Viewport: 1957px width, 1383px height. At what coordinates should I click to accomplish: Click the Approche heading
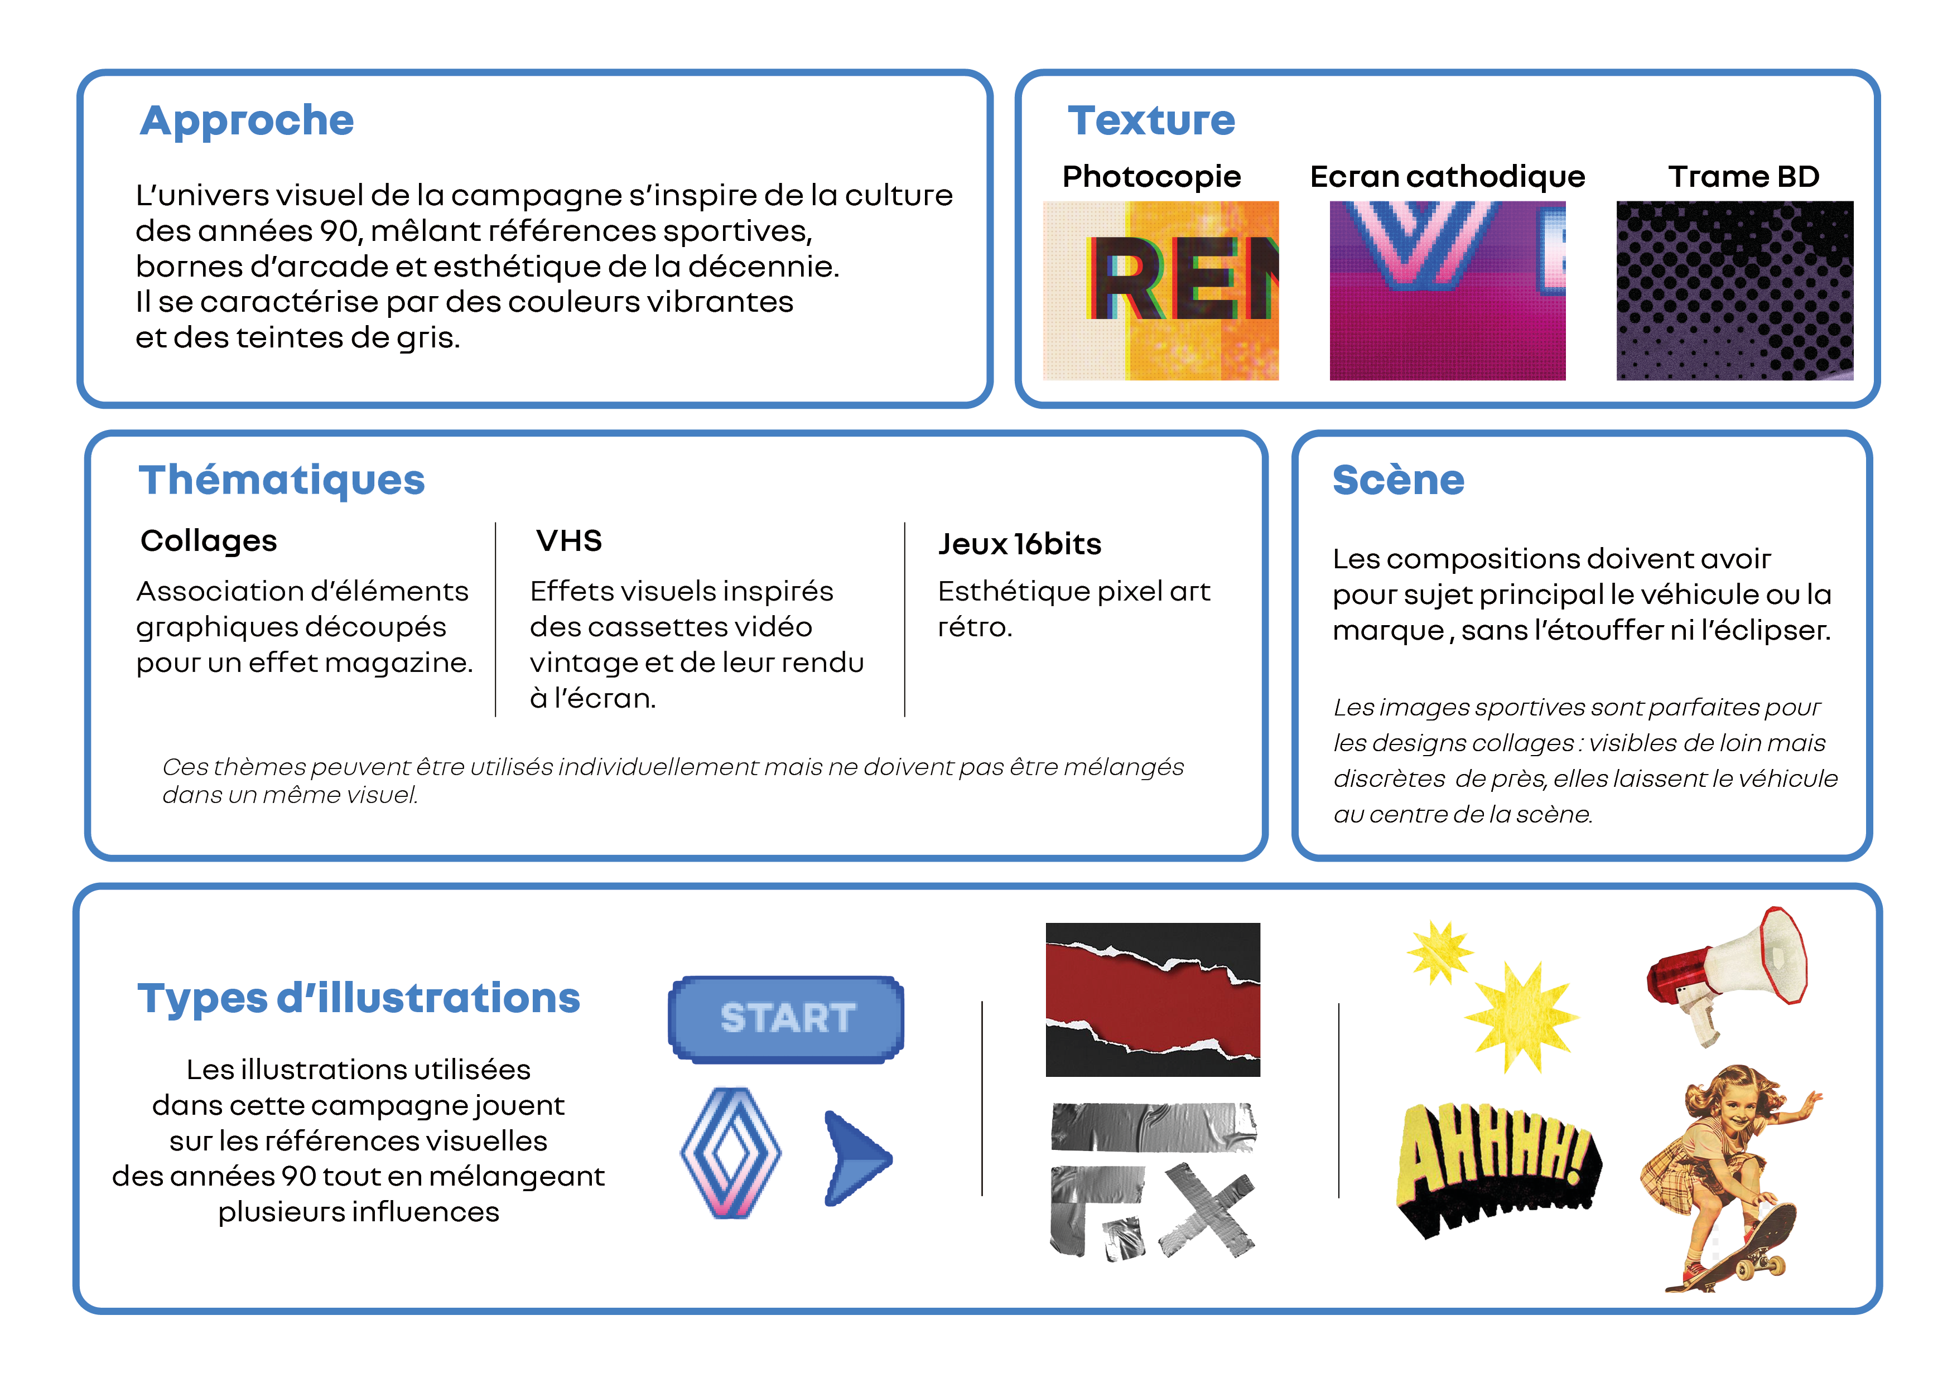coord(247,120)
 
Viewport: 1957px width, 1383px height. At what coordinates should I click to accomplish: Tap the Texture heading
coord(1151,120)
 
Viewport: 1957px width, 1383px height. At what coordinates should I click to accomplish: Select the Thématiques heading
coord(281,480)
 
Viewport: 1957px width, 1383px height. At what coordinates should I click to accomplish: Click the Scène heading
coord(1398,480)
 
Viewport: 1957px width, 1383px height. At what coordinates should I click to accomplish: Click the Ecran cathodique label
coord(1447,176)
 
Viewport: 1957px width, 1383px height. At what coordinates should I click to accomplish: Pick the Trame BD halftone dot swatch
coord(1734,290)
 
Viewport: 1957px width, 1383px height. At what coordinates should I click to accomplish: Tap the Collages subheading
coord(209,541)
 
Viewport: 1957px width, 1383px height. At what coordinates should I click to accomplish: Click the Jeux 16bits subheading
coord(1019,544)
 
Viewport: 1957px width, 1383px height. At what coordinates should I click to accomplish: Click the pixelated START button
coord(786,1018)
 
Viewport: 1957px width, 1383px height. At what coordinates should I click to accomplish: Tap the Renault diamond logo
coord(730,1152)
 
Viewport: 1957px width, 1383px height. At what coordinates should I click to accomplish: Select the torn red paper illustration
coord(1153,999)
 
